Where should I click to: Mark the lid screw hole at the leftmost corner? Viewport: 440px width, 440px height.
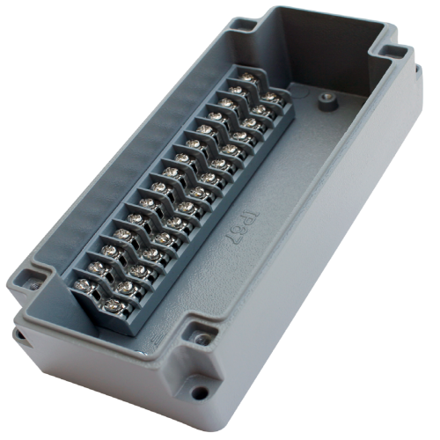(29, 281)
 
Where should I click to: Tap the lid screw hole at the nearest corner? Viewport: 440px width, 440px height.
(202, 339)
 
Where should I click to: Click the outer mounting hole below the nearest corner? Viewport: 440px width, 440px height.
(202, 393)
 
